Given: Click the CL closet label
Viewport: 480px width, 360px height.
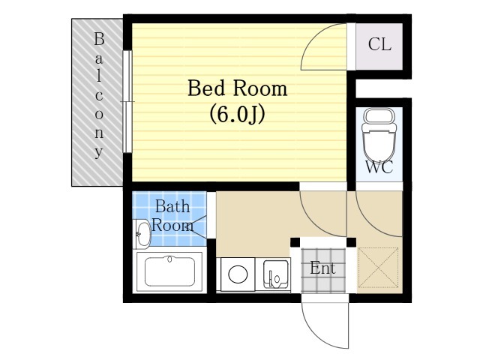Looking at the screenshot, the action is click(x=379, y=44).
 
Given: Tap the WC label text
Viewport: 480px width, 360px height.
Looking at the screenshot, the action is click(x=379, y=167).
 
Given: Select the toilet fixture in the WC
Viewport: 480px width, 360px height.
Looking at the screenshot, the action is click(x=379, y=135).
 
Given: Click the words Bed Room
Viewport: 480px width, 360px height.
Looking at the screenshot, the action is click(x=237, y=88).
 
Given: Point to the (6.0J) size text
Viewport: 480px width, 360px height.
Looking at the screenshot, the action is click(x=237, y=115).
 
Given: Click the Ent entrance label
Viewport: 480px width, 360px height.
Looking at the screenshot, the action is click(x=322, y=268).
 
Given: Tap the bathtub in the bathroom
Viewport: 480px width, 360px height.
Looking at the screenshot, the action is click(x=169, y=271).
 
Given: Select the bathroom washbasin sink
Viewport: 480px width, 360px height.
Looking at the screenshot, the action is click(x=143, y=234).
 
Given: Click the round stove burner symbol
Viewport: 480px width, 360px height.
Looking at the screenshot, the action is click(x=238, y=274).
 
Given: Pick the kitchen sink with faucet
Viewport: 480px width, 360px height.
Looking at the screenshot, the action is click(x=276, y=274).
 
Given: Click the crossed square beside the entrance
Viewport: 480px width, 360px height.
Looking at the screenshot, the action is click(x=378, y=268).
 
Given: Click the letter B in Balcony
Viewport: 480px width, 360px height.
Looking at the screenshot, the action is click(x=99, y=39).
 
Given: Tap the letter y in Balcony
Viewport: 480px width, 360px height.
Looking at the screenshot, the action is click(x=98, y=152).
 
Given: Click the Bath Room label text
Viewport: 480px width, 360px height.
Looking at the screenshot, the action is click(x=172, y=216).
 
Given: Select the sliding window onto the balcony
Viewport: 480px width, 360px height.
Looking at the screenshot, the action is click(x=127, y=101).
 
